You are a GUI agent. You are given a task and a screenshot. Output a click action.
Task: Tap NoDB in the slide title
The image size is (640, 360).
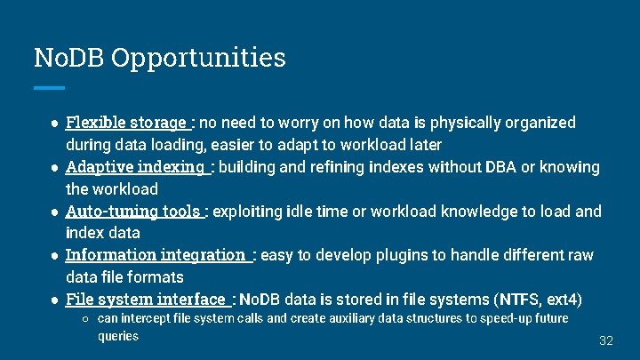tap(69, 58)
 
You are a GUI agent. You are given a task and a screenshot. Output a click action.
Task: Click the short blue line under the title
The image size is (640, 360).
tap(49, 88)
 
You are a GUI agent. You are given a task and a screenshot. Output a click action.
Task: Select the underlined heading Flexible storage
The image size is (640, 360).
tap(128, 123)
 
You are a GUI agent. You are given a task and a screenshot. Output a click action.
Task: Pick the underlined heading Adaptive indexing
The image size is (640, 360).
tap(136, 167)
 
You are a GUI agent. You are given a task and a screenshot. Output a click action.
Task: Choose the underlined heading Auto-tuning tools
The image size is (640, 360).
tap(134, 212)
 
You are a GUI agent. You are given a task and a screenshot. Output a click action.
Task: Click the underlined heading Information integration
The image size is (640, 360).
tap(157, 256)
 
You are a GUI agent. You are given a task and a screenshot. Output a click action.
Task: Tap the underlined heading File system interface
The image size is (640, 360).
tap(147, 300)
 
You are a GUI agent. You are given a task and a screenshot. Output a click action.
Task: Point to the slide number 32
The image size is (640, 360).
tap(606, 341)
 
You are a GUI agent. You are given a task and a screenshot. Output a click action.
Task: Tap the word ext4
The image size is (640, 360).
tap(562, 300)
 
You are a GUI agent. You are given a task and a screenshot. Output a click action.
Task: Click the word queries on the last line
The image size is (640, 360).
tap(118, 336)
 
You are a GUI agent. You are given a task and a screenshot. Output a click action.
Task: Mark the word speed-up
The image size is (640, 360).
tap(507, 318)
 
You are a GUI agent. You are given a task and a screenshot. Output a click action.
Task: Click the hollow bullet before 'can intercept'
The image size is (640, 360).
tap(85, 318)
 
